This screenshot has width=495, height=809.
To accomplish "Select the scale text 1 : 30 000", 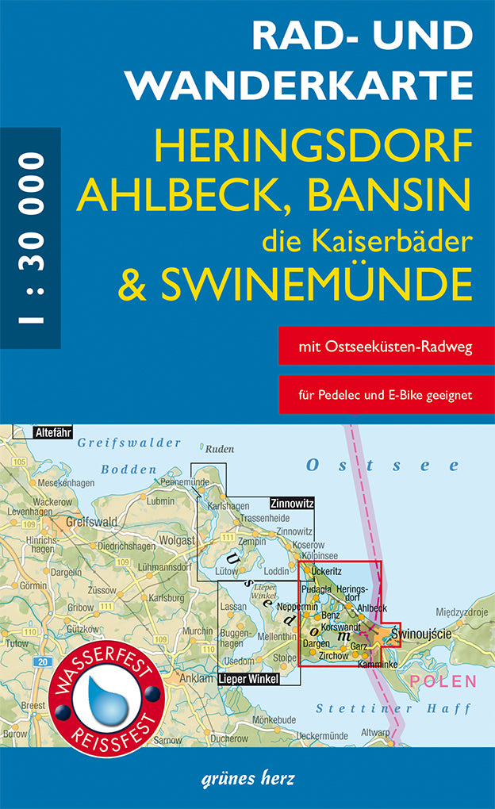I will (31, 238).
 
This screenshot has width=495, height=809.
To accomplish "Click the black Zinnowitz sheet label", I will (292, 503).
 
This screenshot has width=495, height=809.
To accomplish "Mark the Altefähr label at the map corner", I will (52, 433).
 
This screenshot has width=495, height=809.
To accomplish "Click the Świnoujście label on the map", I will (428, 635).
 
